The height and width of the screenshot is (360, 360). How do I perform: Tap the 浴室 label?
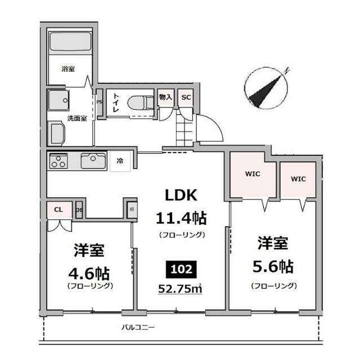coord(69,69)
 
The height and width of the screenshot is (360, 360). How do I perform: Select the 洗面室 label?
coord(76,118)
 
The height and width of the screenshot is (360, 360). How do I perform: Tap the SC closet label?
coord(186,97)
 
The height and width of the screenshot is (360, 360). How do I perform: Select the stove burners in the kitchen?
coord(58,161)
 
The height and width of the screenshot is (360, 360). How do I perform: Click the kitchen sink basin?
coord(92,161)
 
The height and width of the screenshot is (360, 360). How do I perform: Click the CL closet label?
coord(58,210)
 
